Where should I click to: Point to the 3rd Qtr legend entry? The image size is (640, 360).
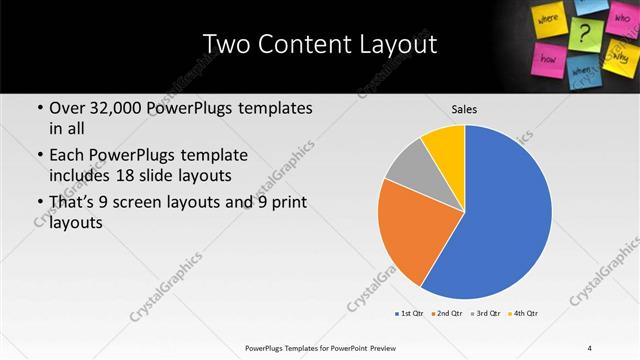coord(484,314)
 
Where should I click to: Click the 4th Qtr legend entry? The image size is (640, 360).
coord(522,314)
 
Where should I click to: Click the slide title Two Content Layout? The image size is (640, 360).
coord(319,45)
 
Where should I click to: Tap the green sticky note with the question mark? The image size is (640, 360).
coord(586,29)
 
